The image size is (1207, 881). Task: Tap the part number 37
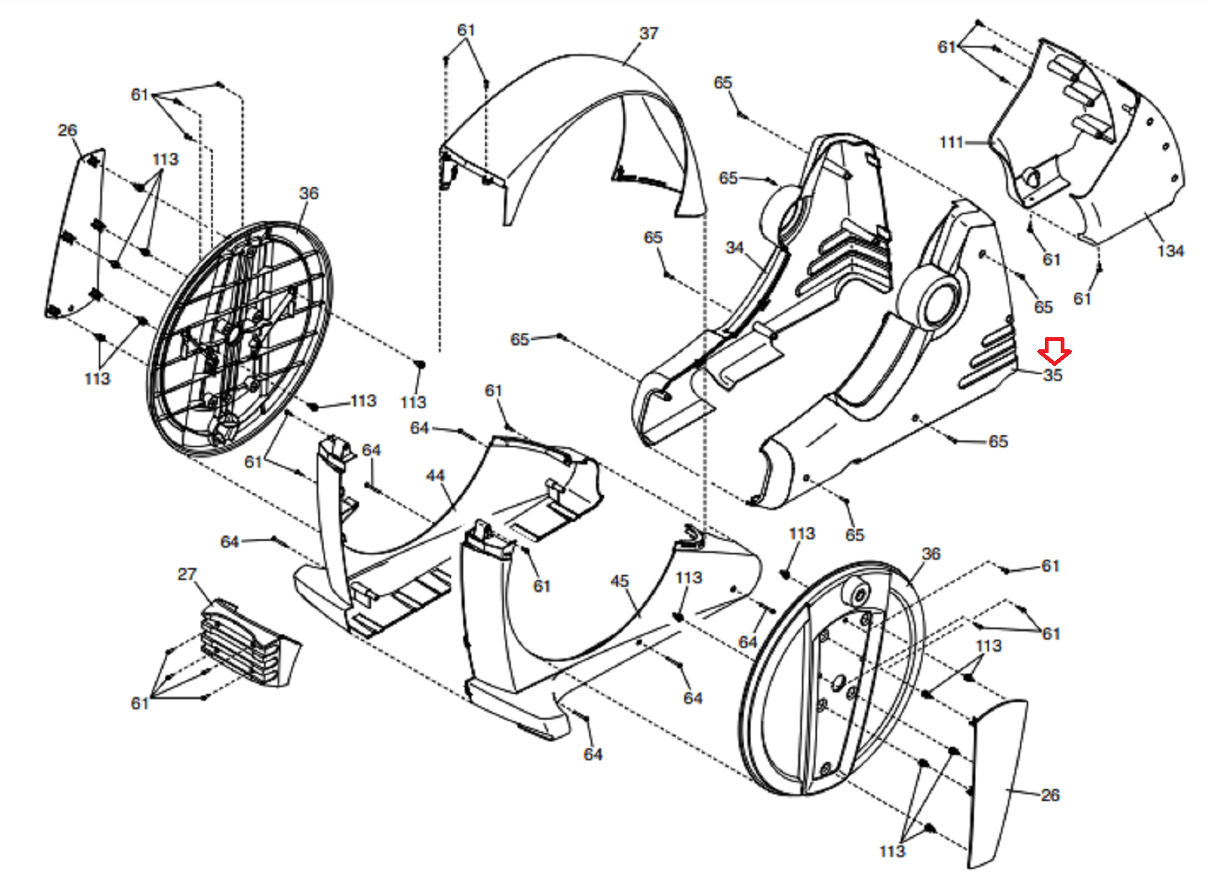(649, 34)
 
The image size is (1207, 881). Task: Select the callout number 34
(735, 247)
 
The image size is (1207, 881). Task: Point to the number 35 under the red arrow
(1052, 375)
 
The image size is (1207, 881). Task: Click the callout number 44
(435, 476)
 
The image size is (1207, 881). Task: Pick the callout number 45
(619, 581)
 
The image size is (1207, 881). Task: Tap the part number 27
(187, 575)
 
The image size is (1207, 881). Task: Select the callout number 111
(951, 142)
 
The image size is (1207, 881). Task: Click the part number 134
(1170, 251)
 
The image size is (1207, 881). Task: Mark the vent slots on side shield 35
(988, 355)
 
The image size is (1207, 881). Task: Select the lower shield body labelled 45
(573, 626)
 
